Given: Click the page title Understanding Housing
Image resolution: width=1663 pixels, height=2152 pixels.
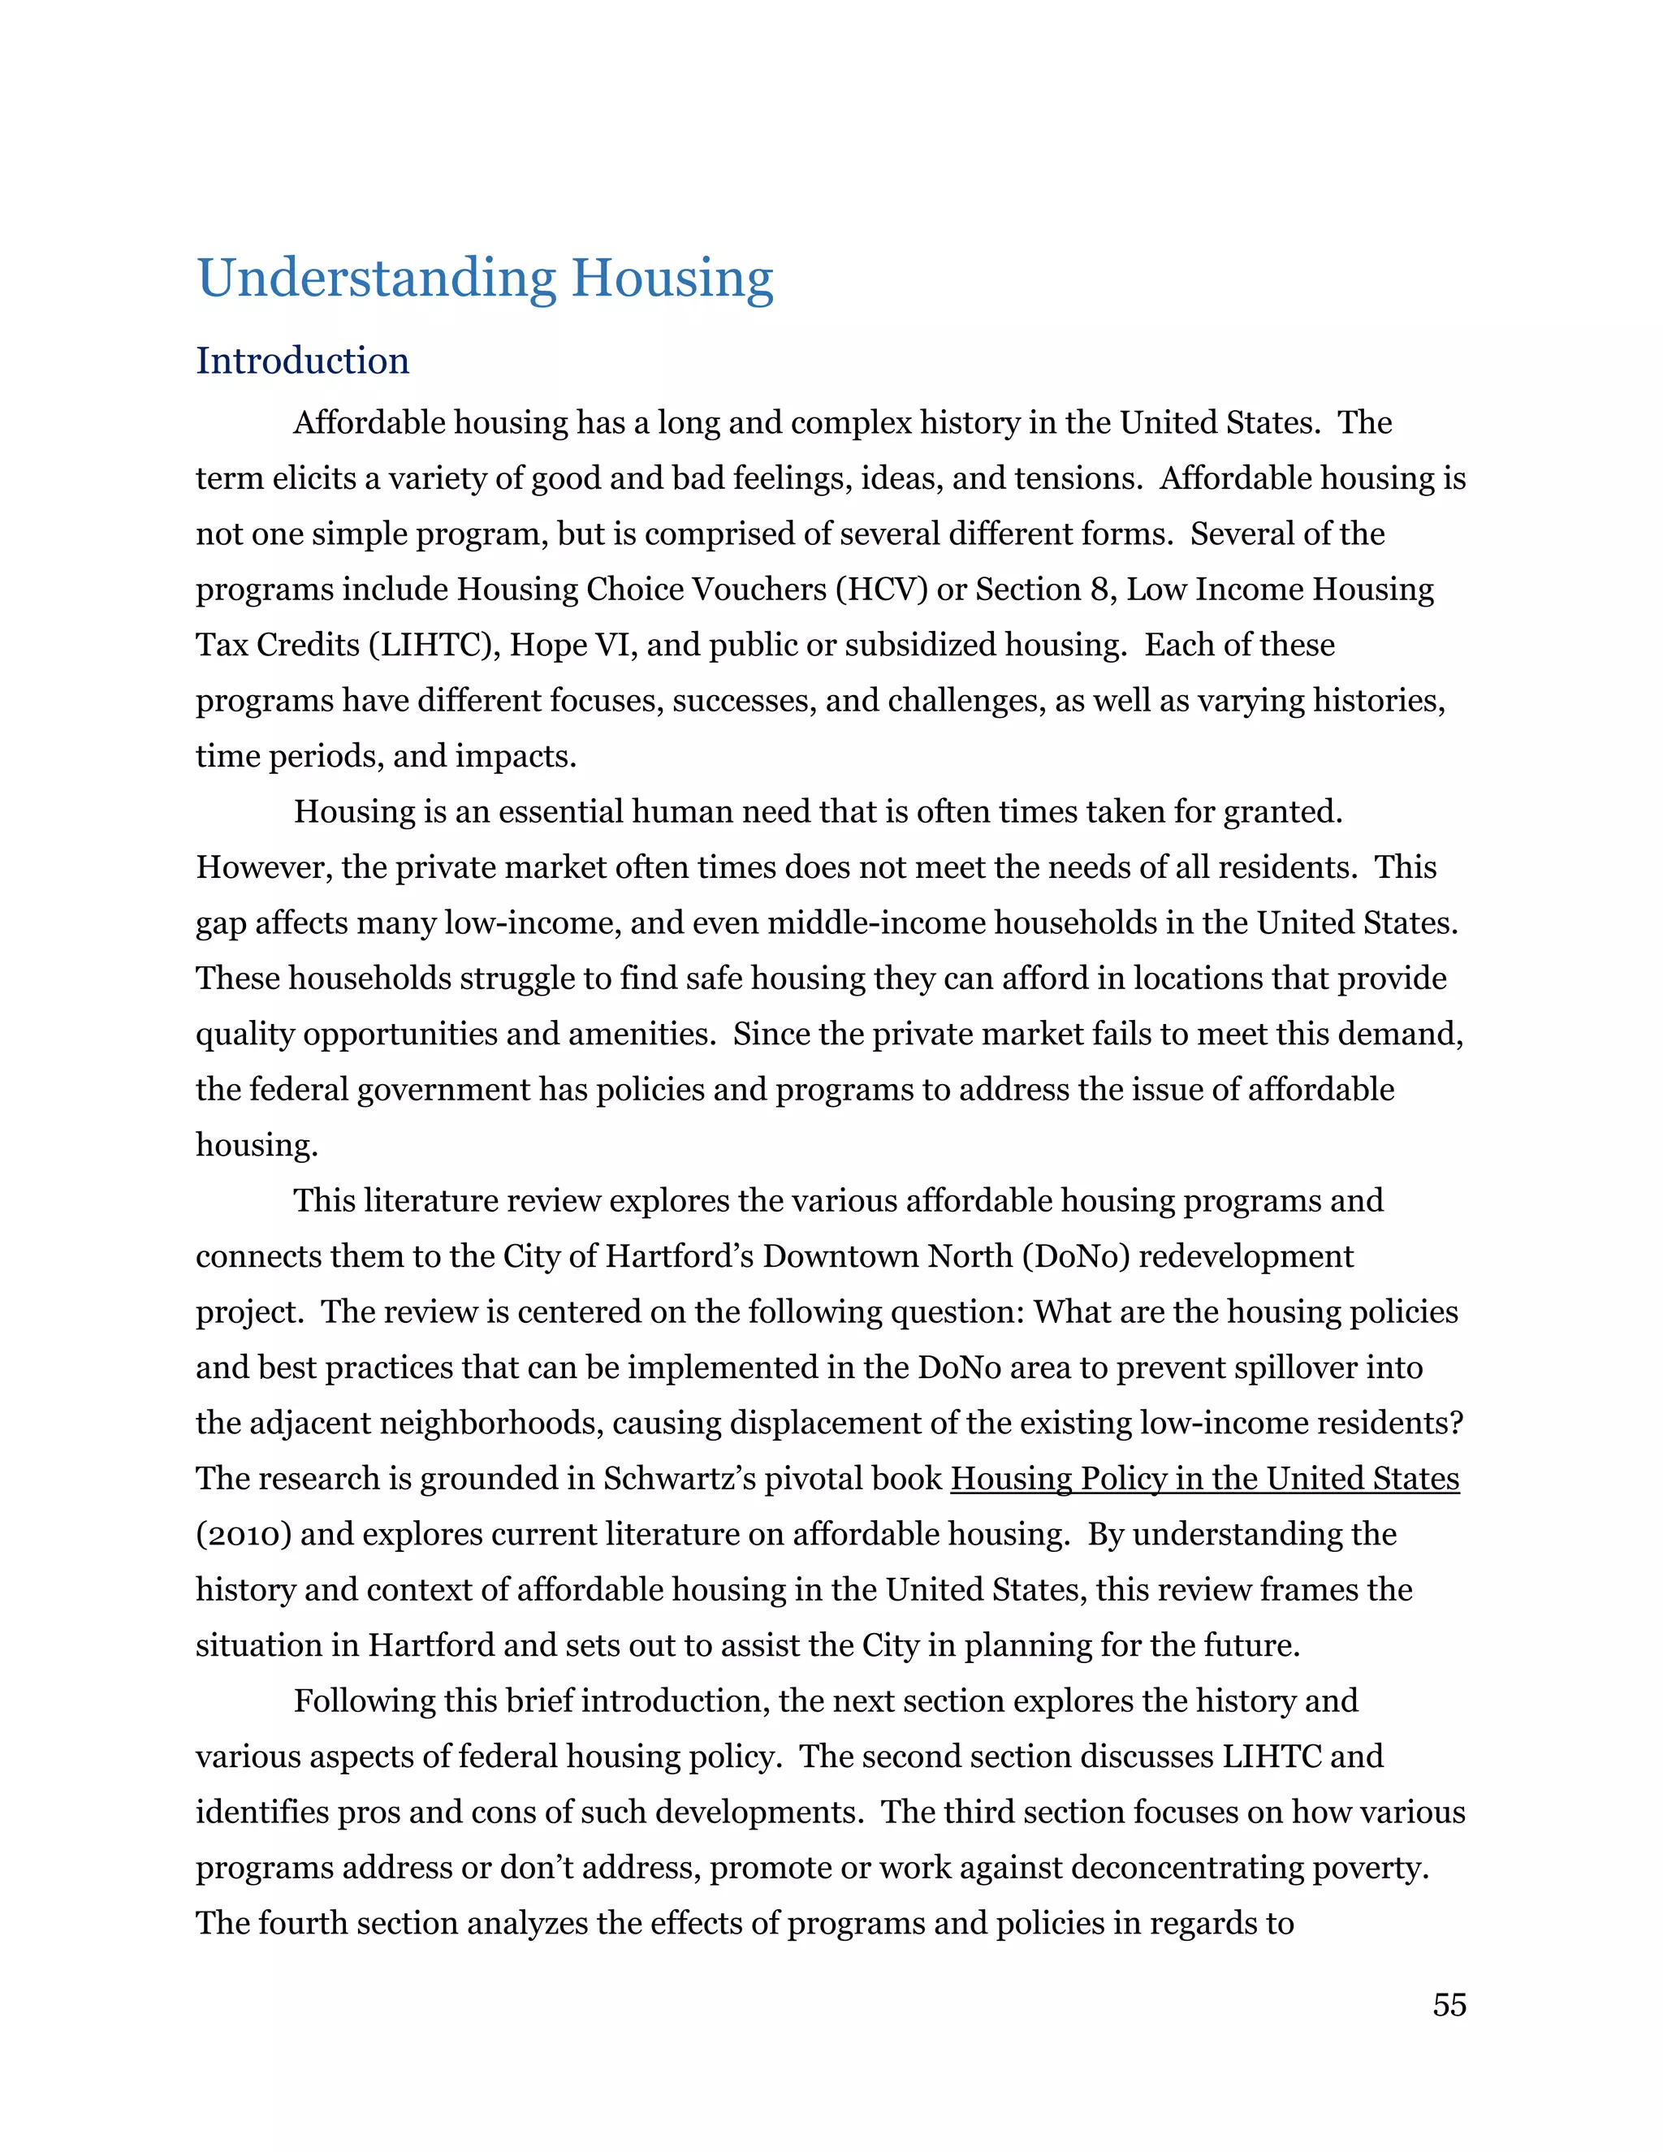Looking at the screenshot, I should click(x=485, y=279).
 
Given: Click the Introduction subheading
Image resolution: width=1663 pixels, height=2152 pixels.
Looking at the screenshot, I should click(x=302, y=361).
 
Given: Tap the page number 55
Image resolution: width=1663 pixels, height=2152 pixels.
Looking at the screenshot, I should click(x=1449, y=2004).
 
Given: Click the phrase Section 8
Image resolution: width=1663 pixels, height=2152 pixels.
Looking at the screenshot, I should click(x=1043, y=590).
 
